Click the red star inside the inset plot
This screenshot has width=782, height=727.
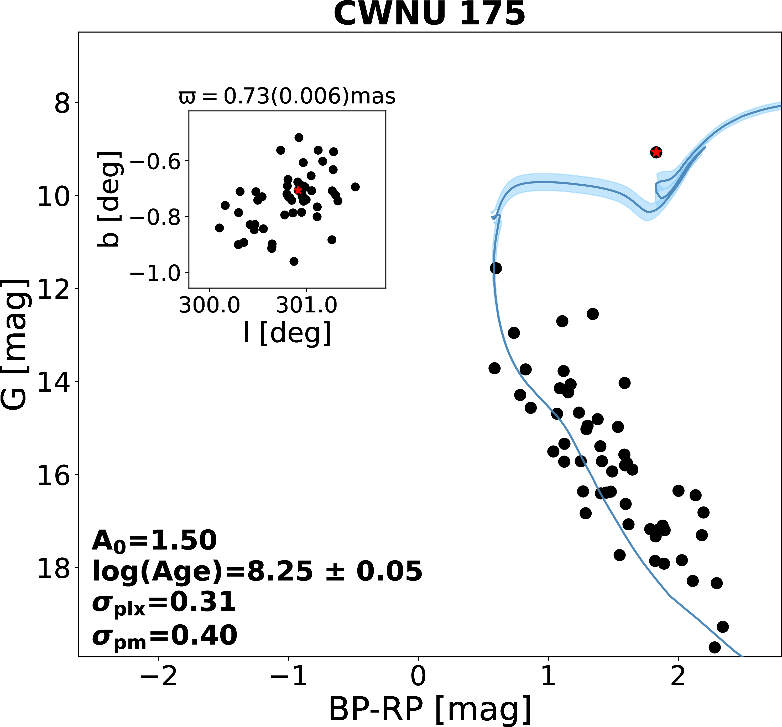coord(298,190)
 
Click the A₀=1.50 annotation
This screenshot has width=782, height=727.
coord(154,541)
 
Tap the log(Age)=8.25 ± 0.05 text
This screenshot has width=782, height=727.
coord(257,571)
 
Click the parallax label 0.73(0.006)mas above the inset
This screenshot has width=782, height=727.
coord(287,96)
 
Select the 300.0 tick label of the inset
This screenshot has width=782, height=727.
coord(209,305)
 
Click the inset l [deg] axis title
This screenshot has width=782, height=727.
coord(287,333)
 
